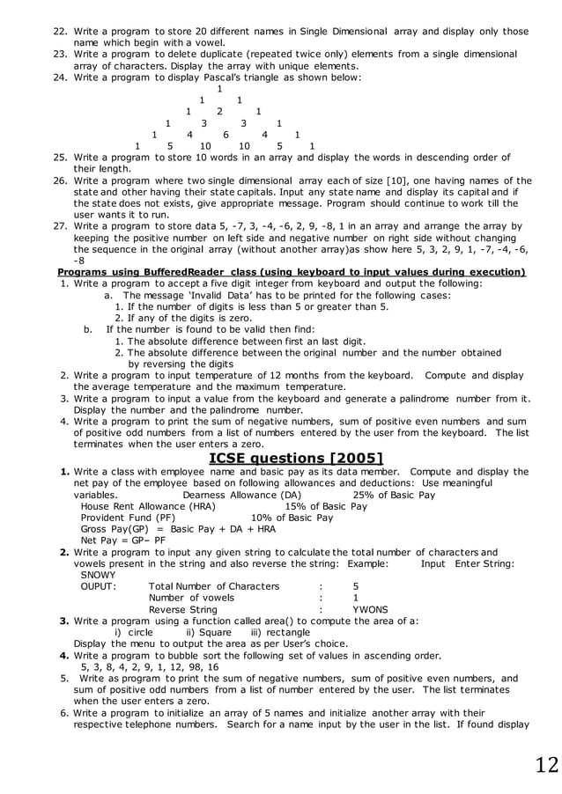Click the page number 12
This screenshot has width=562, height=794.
click(x=545, y=764)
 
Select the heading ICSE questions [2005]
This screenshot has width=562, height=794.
click(x=295, y=458)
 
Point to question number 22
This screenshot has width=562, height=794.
click(x=61, y=32)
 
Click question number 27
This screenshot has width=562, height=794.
click(x=61, y=226)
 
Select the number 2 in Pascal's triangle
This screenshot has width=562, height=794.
click(x=219, y=112)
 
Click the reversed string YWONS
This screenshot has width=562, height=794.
click(x=370, y=609)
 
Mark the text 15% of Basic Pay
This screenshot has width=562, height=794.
click(x=326, y=506)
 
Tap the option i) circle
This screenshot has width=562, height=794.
click(x=134, y=632)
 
